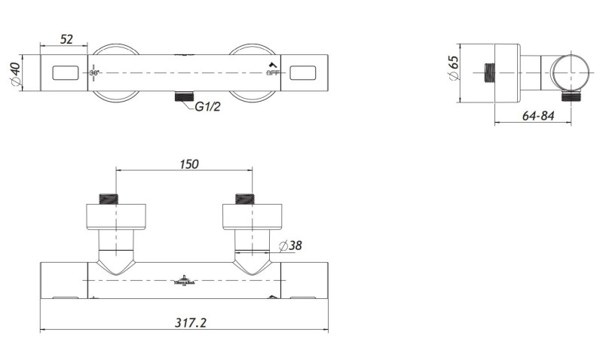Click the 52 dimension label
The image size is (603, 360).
pos(67,40)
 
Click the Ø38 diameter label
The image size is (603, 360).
pos(291,246)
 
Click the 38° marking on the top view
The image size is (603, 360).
pos(95,73)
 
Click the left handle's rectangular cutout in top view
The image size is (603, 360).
pos(66,73)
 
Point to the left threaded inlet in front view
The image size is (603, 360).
pos(111,200)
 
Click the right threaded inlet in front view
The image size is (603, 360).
pos(245,200)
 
